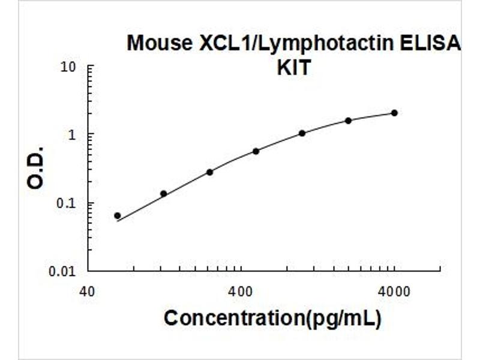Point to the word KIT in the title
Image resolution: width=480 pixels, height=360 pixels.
pos(293,68)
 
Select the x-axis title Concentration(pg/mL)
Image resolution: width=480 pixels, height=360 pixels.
pos(272,319)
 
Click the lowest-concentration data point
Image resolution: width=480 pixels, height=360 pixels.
pos(118,215)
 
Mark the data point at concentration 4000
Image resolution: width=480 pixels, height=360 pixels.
pos(394,113)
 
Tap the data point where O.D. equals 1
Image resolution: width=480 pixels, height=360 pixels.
pos(302,133)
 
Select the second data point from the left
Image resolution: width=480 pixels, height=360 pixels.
pos(163,193)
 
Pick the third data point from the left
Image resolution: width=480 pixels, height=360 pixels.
pos(209,172)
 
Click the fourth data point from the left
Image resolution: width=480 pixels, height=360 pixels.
pos(256,151)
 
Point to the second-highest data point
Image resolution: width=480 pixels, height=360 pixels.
pos(348,121)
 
